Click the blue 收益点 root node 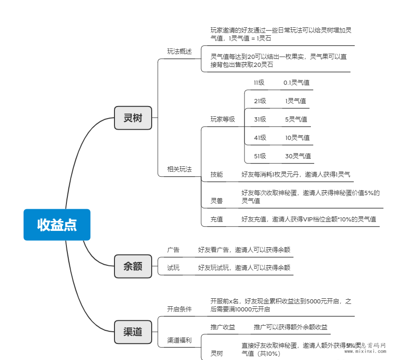57,225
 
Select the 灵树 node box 133,118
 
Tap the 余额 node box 133,266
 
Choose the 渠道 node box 133,332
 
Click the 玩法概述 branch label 179,51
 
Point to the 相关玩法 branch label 179,169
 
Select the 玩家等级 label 222,119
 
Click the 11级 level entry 259,82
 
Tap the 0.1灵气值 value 296,82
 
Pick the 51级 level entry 260,156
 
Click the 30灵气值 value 298,156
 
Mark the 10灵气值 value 297,138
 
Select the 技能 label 217,174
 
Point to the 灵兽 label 217,201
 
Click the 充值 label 217,219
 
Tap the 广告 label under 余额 173,250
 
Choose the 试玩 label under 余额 173,268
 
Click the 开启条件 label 179,309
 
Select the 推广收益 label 223,327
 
